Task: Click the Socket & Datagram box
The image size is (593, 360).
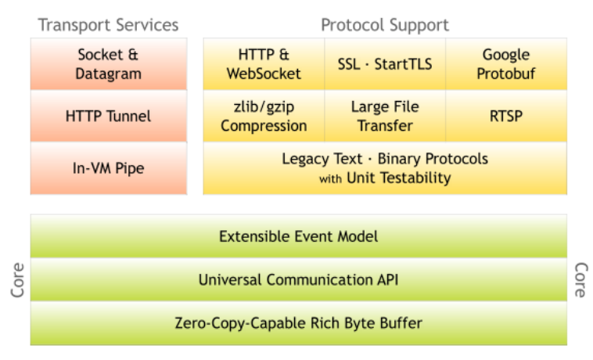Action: (109, 64)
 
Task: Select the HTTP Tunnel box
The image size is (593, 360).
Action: (109, 116)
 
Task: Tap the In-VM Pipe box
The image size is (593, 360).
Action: (109, 168)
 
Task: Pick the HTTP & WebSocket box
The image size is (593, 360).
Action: (264, 64)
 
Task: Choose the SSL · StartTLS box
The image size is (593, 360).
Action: (385, 64)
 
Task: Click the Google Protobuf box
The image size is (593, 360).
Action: (506, 64)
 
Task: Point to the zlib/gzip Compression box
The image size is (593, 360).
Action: (264, 116)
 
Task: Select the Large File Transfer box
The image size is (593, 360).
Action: (385, 116)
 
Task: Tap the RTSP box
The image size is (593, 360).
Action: (506, 116)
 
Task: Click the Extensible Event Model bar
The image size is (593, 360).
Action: (298, 236)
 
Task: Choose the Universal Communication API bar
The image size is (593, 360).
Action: (298, 280)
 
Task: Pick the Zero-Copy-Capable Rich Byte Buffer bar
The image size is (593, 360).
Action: (298, 323)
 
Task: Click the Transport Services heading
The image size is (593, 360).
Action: (108, 25)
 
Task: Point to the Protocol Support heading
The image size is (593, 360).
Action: (385, 25)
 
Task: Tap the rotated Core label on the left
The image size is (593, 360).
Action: (17, 280)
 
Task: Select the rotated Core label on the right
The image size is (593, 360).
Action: (581, 280)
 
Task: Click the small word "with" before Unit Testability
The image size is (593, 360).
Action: (330, 178)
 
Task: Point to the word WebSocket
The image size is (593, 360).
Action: (264, 74)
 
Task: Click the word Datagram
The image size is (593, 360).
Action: (109, 74)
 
